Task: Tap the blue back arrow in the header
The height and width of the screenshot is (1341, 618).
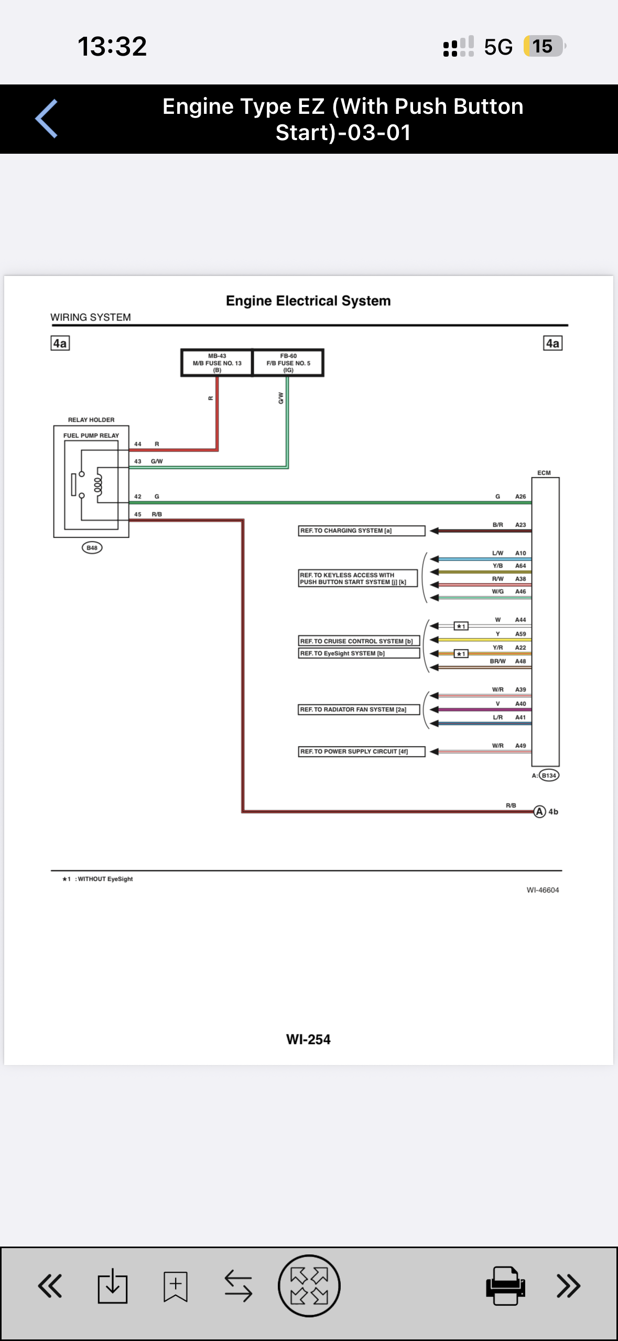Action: pyautogui.click(x=46, y=119)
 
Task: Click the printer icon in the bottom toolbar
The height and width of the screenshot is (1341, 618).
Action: pyautogui.click(x=505, y=1286)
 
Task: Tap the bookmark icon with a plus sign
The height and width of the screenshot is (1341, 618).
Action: pyautogui.click(x=176, y=1286)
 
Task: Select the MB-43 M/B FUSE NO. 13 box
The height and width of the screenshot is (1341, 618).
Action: pyautogui.click(x=217, y=363)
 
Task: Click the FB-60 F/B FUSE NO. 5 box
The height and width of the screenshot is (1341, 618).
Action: pyautogui.click(x=288, y=363)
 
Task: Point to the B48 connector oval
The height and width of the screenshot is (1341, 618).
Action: pyautogui.click(x=92, y=548)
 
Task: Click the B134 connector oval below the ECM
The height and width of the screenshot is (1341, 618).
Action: pyautogui.click(x=549, y=775)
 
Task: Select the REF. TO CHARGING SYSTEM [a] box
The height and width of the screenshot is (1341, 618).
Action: pyautogui.click(x=362, y=531)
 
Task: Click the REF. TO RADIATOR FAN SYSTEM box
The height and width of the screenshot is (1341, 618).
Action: pyautogui.click(x=359, y=710)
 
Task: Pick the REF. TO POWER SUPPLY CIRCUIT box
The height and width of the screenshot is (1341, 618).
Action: pyautogui.click(x=362, y=752)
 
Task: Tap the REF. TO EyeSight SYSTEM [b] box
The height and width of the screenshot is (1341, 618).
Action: pyautogui.click(x=359, y=654)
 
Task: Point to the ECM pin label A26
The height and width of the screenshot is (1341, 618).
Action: pyautogui.click(x=521, y=496)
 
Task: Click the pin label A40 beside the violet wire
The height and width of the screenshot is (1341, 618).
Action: pyautogui.click(x=521, y=704)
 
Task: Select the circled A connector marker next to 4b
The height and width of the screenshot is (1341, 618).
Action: pyautogui.click(x=540, y=812)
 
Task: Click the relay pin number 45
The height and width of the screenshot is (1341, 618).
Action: pyautogui.click(x=138, y=514)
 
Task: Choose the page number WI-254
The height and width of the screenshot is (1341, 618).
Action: pyautogui.click(x=308, y=1039)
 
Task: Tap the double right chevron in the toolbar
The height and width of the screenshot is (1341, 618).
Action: pyautogui.click(x=568, y=1286)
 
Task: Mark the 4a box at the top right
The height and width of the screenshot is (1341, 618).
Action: pyautogui.click(x=552, y=343)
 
